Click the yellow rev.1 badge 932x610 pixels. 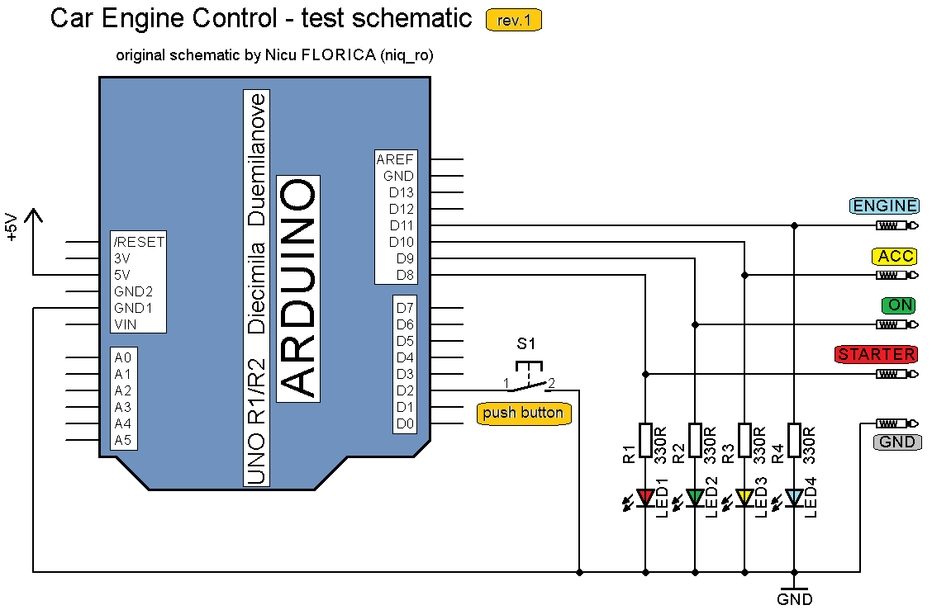click(514, 21)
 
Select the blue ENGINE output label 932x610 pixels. click(884, 206)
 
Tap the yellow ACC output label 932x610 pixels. click(896, 256)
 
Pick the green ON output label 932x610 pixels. click(899, 305)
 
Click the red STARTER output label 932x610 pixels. click(876, 355)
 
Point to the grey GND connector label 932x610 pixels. click(896, 442)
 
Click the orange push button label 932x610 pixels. click(524, 413)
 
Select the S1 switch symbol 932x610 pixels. click(529, 378)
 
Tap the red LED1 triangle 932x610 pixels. click(645, 497)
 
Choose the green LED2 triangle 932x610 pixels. click(695, 497)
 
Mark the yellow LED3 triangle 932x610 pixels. click(744, 497)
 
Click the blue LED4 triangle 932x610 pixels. click(794, 497)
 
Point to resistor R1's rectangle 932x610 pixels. click(645, 446)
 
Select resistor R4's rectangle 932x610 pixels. click(794, 446)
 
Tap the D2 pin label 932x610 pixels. click(404, 390)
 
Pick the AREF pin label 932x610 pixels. click(395, 159)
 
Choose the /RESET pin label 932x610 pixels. click(139, 242)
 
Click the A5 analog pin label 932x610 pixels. click(123, 440)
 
